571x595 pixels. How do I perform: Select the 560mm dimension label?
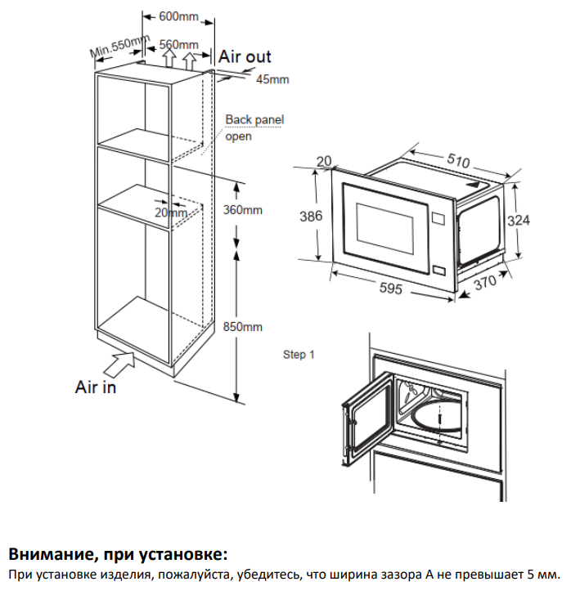[x=179, y=44]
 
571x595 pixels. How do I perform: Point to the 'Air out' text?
[x=245, y=56]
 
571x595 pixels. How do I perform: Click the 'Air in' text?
[x=96, y=387]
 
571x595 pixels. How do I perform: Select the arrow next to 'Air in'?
[x=120, y=357]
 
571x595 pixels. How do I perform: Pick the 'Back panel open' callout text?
[x=254, y=127]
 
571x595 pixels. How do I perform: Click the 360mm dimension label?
[x=242, y=210]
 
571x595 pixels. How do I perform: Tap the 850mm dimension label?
[x=242, y=327]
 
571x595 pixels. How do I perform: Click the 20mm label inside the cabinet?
[x=170, y=212]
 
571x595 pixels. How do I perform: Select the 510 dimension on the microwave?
[x=458, y=162]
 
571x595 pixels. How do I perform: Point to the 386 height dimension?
[x=310, y=217]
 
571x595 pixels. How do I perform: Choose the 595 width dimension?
[x=389, y=289]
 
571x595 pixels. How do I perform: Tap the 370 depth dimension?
[x=485, y=284]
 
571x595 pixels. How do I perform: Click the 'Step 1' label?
[x=299, y=354]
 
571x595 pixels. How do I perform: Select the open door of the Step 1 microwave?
[x=364, y=421]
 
